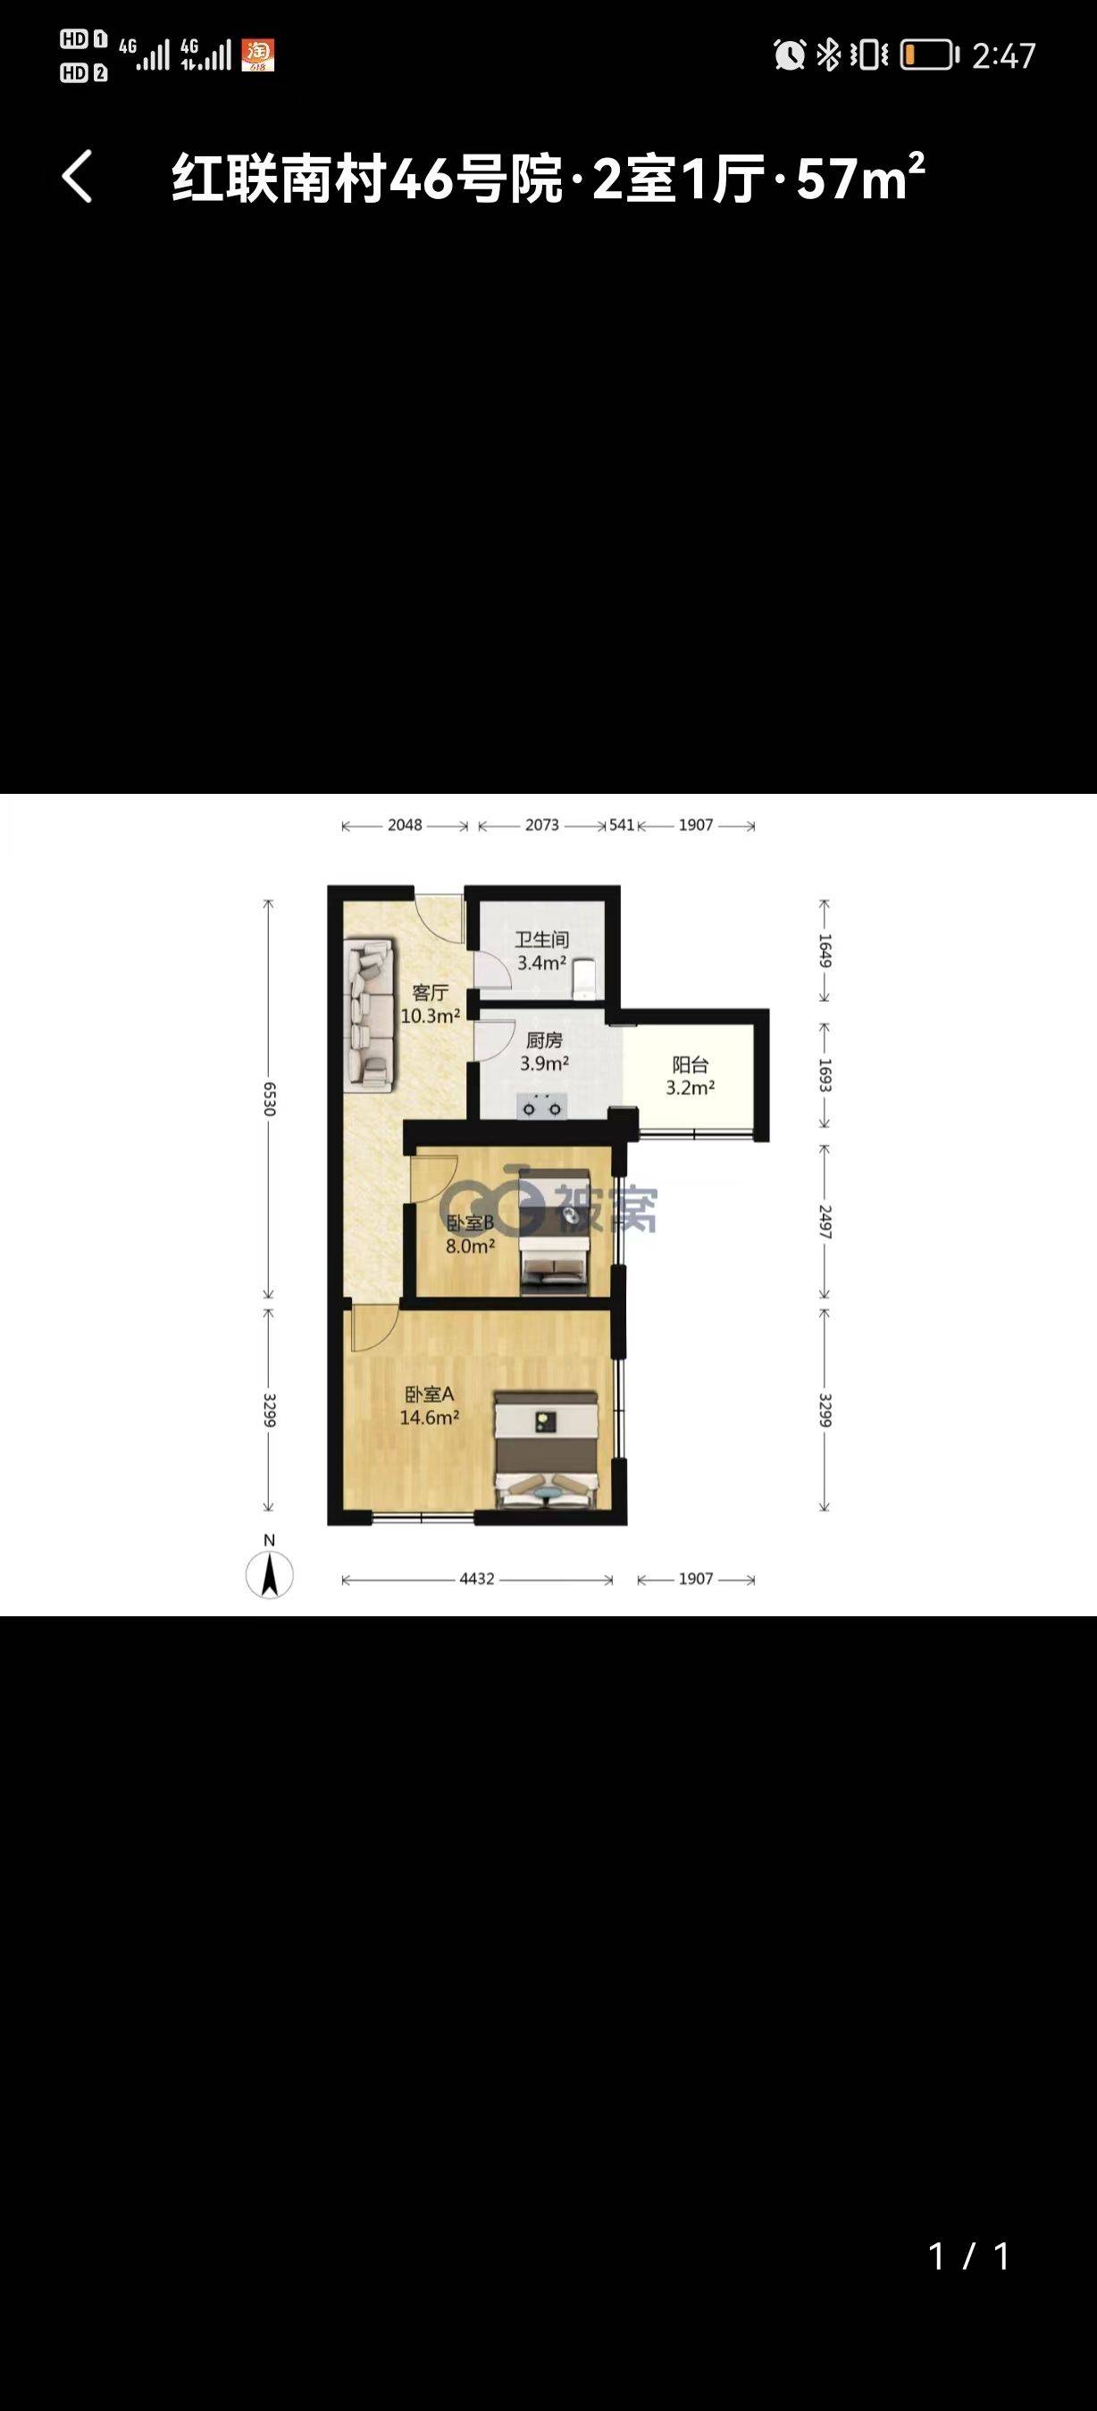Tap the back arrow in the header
click(x=78, y=176)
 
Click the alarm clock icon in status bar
click(x=789, y=55)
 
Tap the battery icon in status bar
click(x=929, y=55)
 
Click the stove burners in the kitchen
click(x=543, y=1107)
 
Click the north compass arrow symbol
click(x=270, y=1573)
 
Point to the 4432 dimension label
click(x=476, y=1578)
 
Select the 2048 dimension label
click(x=405, y=824)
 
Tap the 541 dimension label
click(x=622, y=824)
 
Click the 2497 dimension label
click(x=825, y=1222)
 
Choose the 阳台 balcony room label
click(x=690, y=1064)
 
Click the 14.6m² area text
click(x=429, y=1417)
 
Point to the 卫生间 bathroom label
click(x=542, y=939)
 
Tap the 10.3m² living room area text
click(x=430, y=1015)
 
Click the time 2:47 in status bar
click(x=1003, y=56)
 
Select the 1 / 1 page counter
click(x=968, y=2256)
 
